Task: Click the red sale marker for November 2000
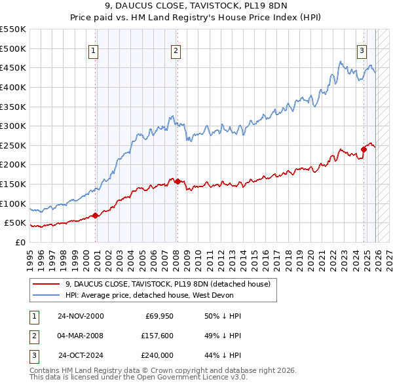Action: [x=96, y=215]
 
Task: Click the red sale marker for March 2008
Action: [x=178, y=181]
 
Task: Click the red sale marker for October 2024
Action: [x=364, y=149]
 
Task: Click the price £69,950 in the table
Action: [x=156, y=316]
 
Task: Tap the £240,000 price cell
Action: [x=156, y=355]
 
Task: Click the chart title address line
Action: [x=196, y=9]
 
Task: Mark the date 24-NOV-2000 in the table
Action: [x=81, y=316]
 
